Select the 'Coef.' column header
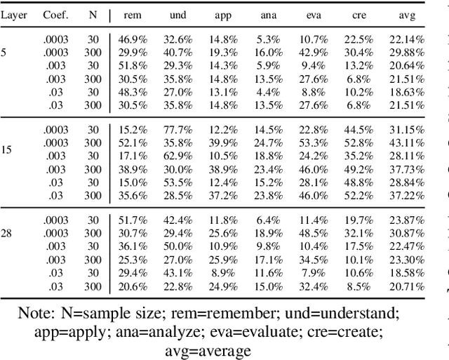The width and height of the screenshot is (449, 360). pos(56,15)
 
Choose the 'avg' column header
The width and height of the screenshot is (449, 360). pos(408,15)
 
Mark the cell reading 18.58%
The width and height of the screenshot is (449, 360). pos(408,272)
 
